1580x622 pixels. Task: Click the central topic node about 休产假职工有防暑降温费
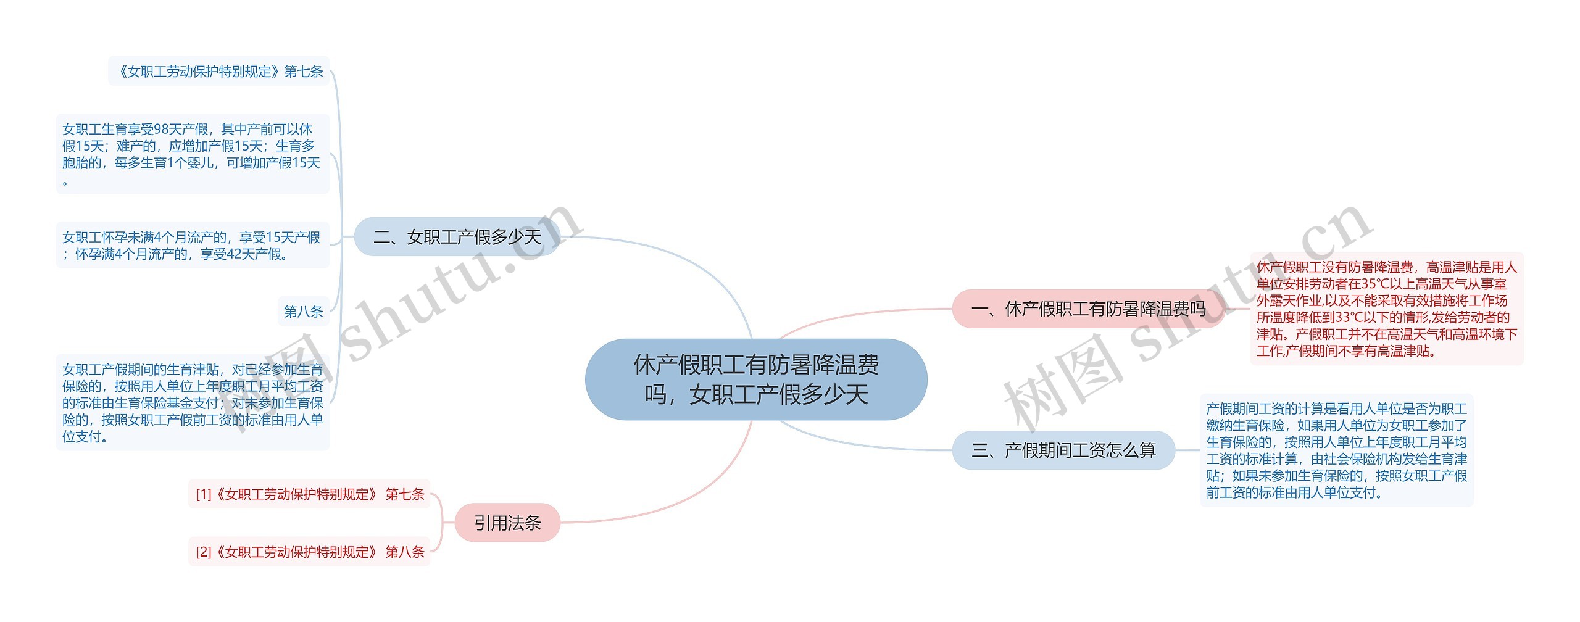point(755,379)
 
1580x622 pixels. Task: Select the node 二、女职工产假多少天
point(457,237)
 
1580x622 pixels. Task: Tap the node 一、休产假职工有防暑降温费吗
point(1087,309)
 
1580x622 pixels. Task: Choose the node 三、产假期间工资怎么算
point(1063,450)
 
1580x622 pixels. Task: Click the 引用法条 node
point(507,523)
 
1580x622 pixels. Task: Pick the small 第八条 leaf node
point(303,312)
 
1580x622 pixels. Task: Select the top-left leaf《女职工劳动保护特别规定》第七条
point(219,72)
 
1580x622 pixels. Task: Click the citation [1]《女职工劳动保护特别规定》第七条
point(310,494)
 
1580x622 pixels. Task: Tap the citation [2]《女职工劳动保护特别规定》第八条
point(310,552)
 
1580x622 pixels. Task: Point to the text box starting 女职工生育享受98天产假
point(192,154)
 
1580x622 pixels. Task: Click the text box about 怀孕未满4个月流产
point(192,246)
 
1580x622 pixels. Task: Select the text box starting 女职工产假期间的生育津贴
point(192,402)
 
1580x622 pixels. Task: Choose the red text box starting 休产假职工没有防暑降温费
point(1386,309)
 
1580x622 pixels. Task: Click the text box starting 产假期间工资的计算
point(1336,450)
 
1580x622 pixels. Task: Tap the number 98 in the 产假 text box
point(161,130)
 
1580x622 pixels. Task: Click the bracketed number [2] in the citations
point(203,552)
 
